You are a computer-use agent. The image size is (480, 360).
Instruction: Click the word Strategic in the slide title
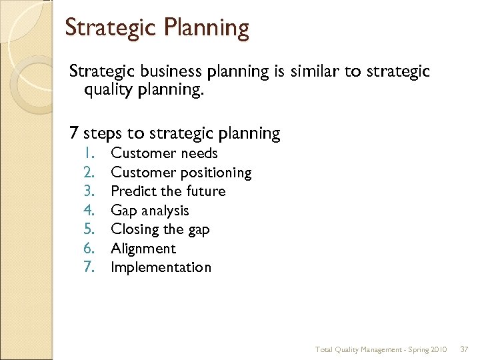(x=107, y=29)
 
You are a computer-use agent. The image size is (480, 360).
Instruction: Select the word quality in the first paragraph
(x=109, y=90)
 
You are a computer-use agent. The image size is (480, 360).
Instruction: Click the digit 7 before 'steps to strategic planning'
(x=75, y=133)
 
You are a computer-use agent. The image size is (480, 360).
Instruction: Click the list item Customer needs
(x=164, y=153)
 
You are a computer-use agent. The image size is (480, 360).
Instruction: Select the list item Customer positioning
(x=181, y=173)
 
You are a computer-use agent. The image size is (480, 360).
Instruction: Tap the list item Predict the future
(x=168, y=191)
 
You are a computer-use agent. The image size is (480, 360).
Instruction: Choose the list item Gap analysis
(x=150, y=211)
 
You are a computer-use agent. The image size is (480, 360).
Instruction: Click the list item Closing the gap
(x=160, y=229)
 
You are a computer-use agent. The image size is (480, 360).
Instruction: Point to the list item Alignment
(x=143, y=249)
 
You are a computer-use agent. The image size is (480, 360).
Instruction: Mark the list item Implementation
(x=161, y=267)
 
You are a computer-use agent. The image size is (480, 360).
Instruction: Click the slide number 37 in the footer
(x=465, y=349)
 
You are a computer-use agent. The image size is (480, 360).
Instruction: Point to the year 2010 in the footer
(x=439, y=349)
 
